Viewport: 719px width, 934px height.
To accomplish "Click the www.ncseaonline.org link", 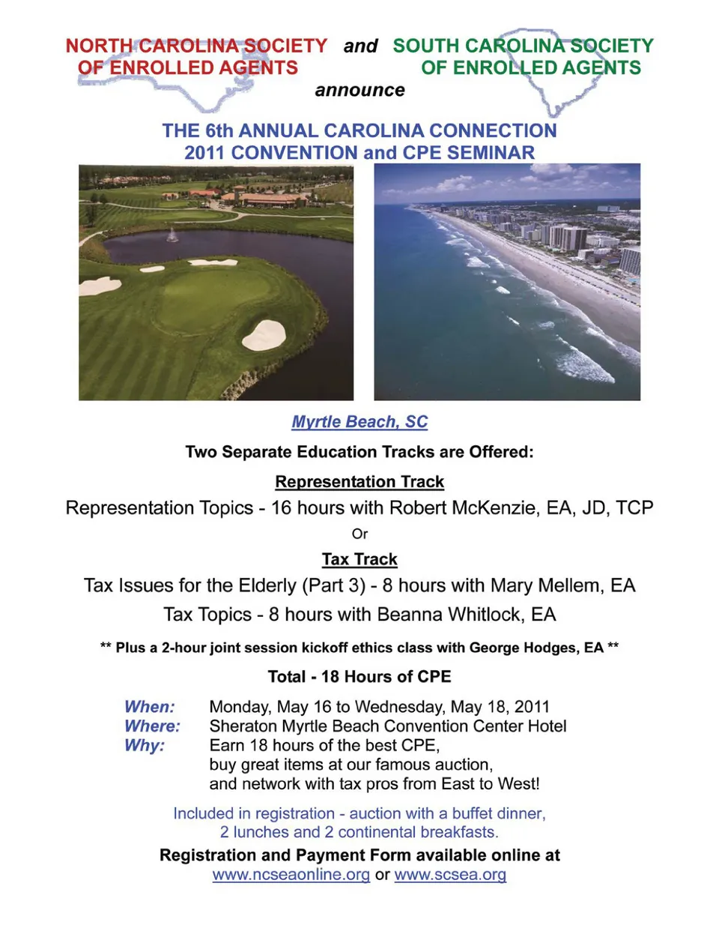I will point(291,875).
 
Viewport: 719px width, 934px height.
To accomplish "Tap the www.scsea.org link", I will point(450,875).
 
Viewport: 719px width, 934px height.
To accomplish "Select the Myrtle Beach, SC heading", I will point(359,422).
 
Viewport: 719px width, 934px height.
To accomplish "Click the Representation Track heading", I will point(359,482).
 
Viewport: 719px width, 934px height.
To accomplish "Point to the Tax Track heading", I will point(359,560).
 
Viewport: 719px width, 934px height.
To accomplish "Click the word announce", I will point(359,91).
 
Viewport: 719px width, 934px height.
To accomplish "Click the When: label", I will point(150,707).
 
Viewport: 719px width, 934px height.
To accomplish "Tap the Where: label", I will point(152,726).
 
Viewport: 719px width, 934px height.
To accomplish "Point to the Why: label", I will point(145,746).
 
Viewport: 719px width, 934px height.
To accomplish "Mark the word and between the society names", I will point(360,46).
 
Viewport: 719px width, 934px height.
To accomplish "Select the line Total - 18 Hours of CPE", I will point(359,677).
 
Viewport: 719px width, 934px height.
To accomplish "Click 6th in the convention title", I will point(219,131).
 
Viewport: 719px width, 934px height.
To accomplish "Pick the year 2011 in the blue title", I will point(205,153).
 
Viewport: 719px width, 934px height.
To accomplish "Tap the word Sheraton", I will point(243,726).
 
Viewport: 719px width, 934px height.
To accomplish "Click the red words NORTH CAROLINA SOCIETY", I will point(196,46).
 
